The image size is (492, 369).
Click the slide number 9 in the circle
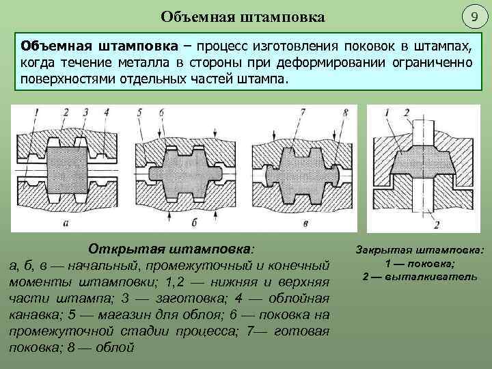[x=471, y=16]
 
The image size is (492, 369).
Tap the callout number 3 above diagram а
[x=84, y=111]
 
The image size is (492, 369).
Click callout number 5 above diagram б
[x=139, y=111]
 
